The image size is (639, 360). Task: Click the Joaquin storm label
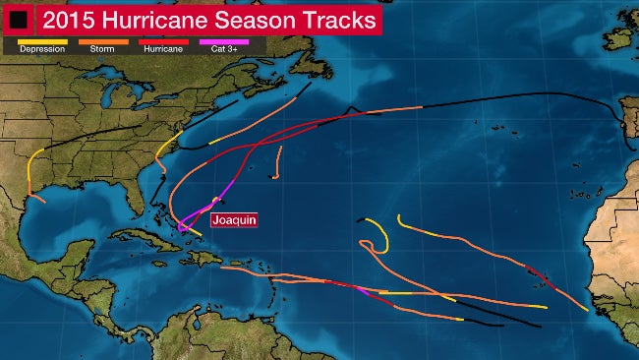coord(234,220)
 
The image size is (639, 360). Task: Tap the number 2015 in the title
coord(69,20)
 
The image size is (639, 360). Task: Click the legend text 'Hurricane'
coord(163,49)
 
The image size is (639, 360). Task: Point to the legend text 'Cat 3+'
coord(223,49)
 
